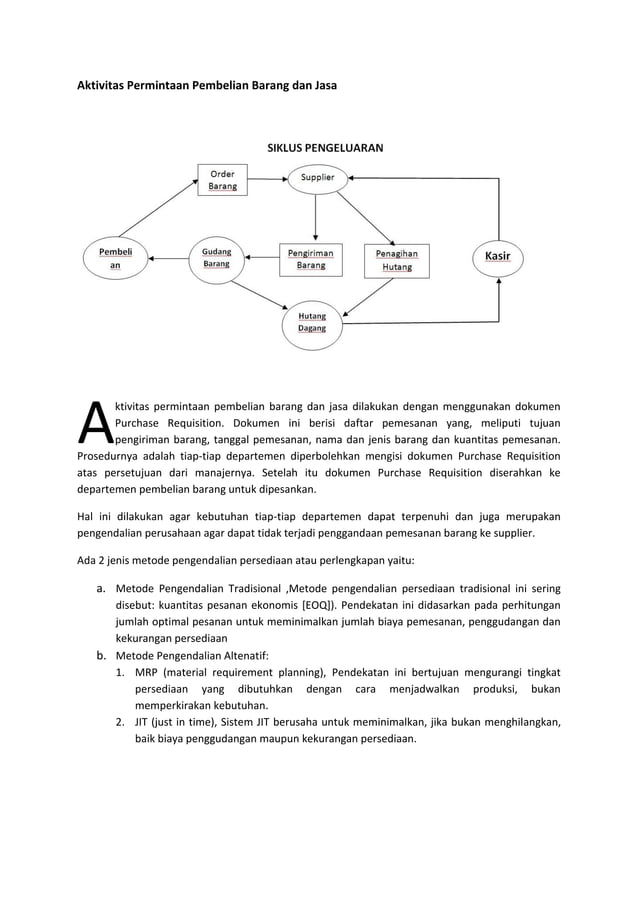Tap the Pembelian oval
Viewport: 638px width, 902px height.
(114, 260)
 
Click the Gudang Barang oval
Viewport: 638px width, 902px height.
(217, 258)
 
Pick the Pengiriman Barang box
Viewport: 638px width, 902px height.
(311, 260)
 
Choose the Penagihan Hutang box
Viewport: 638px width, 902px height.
(396, 260)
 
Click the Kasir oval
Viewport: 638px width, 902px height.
(497, 256)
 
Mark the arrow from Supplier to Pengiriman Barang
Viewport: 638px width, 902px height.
(316, 217)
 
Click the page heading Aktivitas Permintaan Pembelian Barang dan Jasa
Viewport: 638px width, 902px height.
(207, 86)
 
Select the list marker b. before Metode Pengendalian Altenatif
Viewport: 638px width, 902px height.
(100, 655)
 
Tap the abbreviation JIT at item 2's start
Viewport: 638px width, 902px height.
(142, 723)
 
